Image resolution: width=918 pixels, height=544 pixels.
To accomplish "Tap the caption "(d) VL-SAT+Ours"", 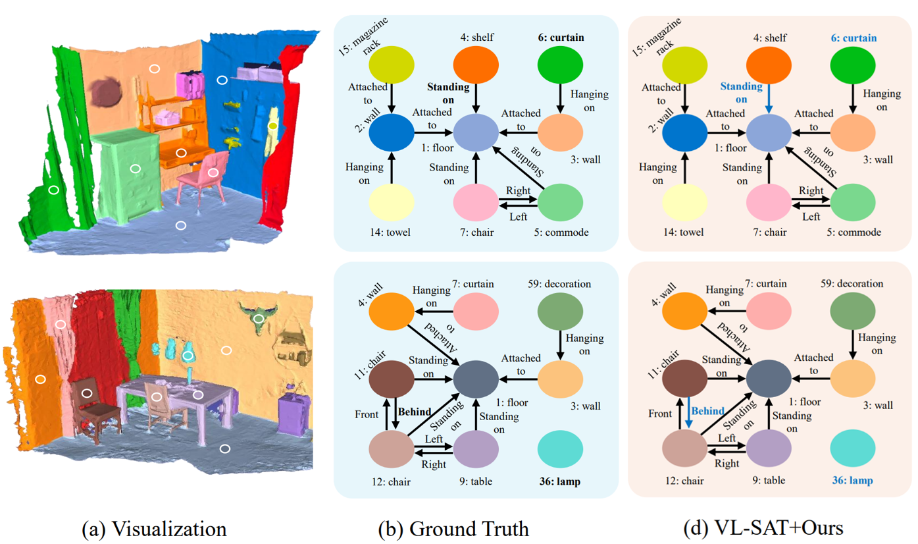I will pyautogui.click(x=771, y=529).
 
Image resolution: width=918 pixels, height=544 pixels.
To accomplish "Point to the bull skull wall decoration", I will pyautogui.click(x=259, y=317).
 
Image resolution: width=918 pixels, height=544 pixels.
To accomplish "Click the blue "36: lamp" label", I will pyautogui.click(x=854, y=481).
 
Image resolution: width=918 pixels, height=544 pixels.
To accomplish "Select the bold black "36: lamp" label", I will pyautogui.click(x=559, y=481).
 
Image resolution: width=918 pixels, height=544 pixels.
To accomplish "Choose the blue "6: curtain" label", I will pyautogui.click(x=854, y=38).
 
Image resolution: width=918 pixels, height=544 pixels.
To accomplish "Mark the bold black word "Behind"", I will pyautogui.click(x=414, y=412).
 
